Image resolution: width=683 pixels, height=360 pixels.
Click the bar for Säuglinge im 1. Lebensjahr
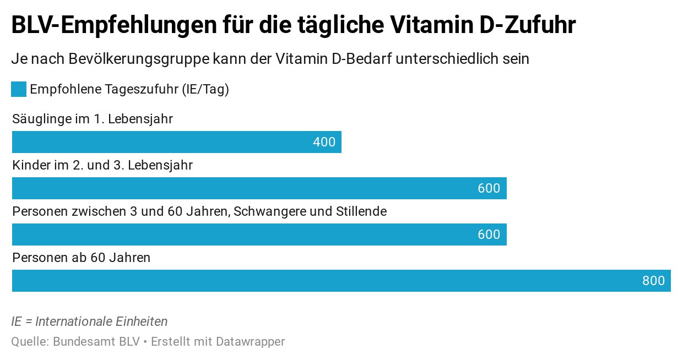[x=176, y=142]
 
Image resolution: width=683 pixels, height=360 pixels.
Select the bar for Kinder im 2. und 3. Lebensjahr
[x=259, y=188]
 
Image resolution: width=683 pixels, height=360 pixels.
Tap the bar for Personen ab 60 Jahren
[x=341, y=281]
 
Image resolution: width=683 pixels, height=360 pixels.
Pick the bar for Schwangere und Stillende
[x=259, y=234]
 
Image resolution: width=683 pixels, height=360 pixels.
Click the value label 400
[x=324, y=142]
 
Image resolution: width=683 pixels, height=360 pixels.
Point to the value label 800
[x=653, y=281]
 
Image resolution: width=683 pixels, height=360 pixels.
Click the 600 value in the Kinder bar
[x=489, y=188]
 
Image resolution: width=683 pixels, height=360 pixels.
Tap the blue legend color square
[x=19, y=89]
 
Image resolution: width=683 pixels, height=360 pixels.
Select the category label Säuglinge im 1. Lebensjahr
[x=93, y=119]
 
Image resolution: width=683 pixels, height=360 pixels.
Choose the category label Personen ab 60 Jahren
[x=81, y=258]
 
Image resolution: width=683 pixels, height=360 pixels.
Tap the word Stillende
[x=361, y=211]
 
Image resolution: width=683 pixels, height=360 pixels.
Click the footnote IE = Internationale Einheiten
[x=89, y=321]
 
